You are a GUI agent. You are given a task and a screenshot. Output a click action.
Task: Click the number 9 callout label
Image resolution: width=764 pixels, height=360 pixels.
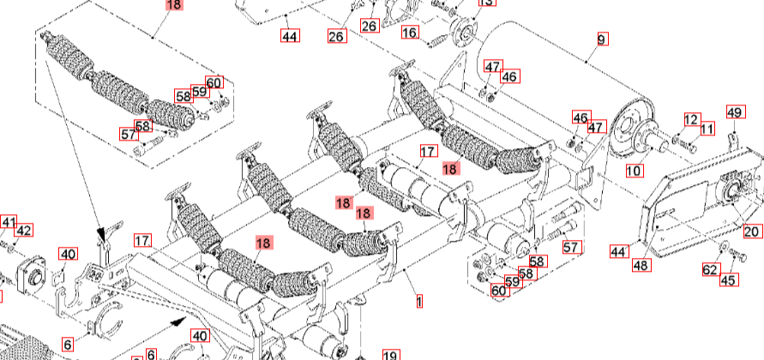pyautogui.click(x=601, y=39)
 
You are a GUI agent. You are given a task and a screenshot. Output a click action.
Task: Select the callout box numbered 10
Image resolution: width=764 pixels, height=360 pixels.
pyautogui.click(x=634, y=171)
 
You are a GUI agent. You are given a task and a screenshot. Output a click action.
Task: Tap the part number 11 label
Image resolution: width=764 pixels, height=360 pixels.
pyautogui.click(x=707, y=129)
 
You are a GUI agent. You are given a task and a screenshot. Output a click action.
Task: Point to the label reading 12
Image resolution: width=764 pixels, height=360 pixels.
pyautogui.click(x=691, y=119)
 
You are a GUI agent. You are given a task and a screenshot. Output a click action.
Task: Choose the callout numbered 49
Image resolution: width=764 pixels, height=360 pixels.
pyautogui.click(x=734, y=112)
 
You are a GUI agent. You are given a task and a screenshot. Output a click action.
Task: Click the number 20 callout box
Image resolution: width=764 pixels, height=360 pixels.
pyautogui.click(x=751, y=231)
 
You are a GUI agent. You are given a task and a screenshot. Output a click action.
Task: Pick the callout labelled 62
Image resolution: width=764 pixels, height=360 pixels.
pyautogui.click(x=710, y=270)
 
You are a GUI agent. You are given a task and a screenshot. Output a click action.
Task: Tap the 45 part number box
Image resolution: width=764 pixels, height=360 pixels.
pyautogui.click(x=728, y=279)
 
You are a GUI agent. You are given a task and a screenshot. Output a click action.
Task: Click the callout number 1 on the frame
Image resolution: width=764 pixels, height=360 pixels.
pyautogui.click(x=419, y=302)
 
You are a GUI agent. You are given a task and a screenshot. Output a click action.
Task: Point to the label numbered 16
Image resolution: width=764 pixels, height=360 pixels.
pyautogui.click(x=410, y=33)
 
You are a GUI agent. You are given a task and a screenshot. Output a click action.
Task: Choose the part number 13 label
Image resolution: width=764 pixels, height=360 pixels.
pyautogui.click(x=486, y=3)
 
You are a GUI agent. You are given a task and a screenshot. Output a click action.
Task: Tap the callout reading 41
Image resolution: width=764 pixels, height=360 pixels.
pyautogui.click(x=8, y=223)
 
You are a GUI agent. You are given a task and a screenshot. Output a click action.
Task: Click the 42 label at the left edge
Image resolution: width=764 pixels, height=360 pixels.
pyautogui.click(x=23, y=231)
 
